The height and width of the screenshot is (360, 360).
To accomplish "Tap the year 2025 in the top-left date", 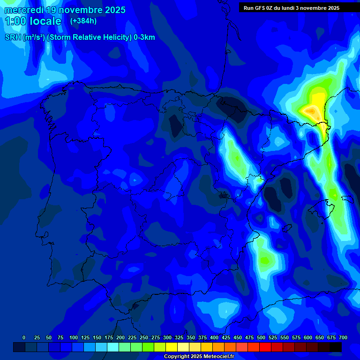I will [112, 10].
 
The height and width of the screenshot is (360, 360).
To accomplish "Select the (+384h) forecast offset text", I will [83, 21].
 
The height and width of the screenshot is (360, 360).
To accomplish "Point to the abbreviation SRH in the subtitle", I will [13, 37].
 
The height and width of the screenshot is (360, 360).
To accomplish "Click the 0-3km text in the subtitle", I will [144, 37].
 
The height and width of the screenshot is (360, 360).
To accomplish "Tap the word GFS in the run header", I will [261, 8].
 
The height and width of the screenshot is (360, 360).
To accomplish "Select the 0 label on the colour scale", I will [24, 337].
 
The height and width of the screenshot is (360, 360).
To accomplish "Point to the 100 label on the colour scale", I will [73, 337].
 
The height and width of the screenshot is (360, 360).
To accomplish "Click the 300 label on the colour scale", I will [167, 337].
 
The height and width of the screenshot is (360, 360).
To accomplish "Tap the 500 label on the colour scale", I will [261, 337].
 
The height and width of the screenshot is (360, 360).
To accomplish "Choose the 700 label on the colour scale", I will [343, 337].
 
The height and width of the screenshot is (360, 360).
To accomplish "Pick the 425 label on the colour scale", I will [226, 337].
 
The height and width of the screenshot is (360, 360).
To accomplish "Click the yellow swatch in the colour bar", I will [172, 347].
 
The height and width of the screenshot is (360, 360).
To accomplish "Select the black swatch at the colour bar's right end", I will [336, 347].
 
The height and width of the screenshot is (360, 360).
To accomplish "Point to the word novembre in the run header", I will [311, 8].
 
